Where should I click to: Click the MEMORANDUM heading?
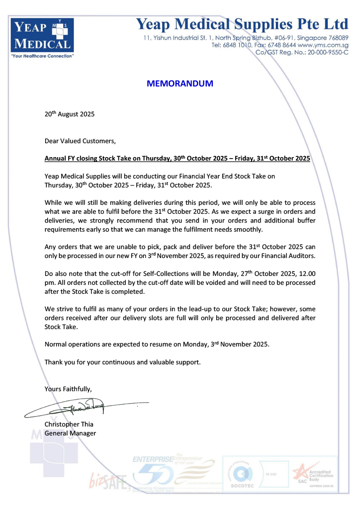pyautogui.click(x=180, y=84)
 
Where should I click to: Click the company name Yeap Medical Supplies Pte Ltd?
pyautogui.click(x=242, y=24)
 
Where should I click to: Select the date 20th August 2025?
pyautogui.click(x=70, y=114)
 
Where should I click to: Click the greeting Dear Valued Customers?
pyautogui.click(x=80, y=141)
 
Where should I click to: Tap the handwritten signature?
pyautogui.click(x=85, y=408)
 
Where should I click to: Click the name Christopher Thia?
pyautogui.click(x=69, y=424)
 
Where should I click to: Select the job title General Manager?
pyautogui.click(x=70, y=433)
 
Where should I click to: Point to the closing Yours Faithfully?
pyautogui.click(x=68, y=388)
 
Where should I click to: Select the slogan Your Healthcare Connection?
pyautogui.click(x=42, y=56)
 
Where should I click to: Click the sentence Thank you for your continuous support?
pyautogui.click(x=123, y=362)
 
